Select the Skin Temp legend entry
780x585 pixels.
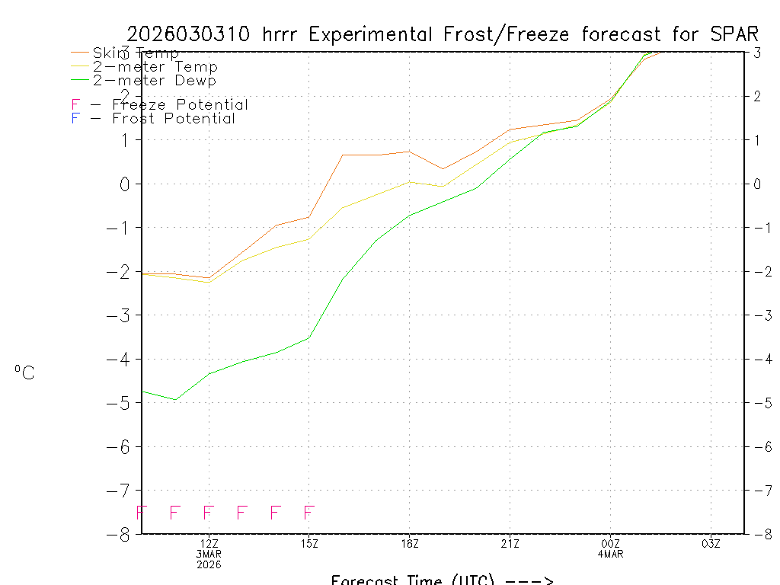pyautogui.click(x=136, y=53)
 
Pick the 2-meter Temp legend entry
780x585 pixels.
pyautogui.click(x=155, y=67)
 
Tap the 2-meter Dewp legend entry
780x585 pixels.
pyautogui.click(x=154, y=81)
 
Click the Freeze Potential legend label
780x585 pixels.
pyautogui.click(x=180, y=105)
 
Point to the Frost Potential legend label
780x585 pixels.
pyautogui.click(x=174, y=119)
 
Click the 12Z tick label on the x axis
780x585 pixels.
pyautogui.click(x=209, y=543)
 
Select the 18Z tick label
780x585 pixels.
pyautogui.click(x=410, y=543)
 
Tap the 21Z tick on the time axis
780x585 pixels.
pyautogui.click(x=510, y=543)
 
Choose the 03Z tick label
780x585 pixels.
pyautogui.click(x=711, y=543)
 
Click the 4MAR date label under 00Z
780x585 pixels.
pyautogui.click(x=610, y=554)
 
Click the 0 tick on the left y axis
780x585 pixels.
pyautogui.click(x=123, y=184)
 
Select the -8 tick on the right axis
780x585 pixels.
pyautogui.click(x=759, y=534)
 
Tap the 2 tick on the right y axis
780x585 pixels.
pyautogui.click(x=757, y=96)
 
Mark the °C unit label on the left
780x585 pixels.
pyautogui.click(x=24, y=372)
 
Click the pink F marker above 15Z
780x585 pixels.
pyautogui.click(x=308, y=512)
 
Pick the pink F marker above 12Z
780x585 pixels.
pyautogui.click(x=208, y=512)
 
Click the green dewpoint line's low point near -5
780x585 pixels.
pyautogui.click(x=175, y=399)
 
